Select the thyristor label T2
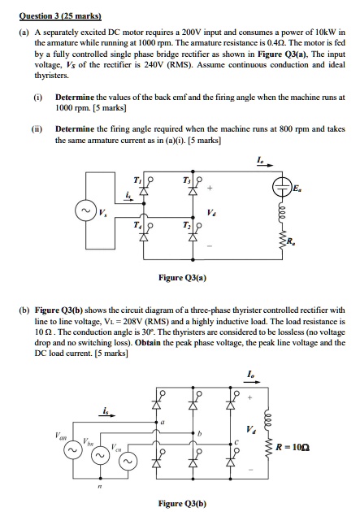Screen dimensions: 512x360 pos(184,227)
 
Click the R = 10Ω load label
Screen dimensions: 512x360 pos(313,446)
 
